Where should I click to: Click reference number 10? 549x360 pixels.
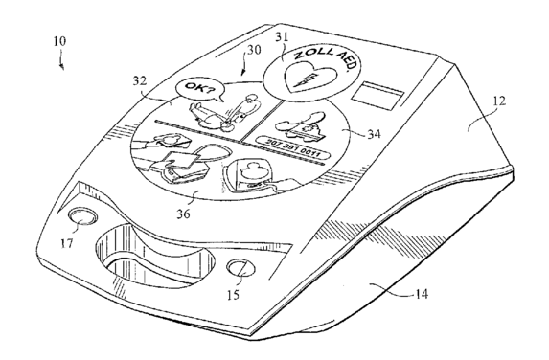click(59, 41)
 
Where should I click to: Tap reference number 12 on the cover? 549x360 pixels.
click(499, 101)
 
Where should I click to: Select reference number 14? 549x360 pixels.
click(422, 294)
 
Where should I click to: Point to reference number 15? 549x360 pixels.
click(233, 295)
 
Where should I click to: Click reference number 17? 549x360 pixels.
click(66, 243)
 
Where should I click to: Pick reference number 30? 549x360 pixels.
click(255, 50)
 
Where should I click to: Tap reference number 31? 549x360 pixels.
click(281, 37)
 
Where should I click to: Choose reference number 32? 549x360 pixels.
click(139, 80)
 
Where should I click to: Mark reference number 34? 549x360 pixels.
click(374, 134)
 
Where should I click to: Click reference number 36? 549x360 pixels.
click(183, 214)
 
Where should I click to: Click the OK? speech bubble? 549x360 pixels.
click(199, 90)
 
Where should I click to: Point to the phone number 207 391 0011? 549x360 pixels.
click(292, 147)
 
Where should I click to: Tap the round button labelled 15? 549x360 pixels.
click(240, 269)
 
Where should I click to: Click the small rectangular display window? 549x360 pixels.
click(377, 96)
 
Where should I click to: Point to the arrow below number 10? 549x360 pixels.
click(61, 59)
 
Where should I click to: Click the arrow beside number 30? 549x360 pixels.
click(244, 64)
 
